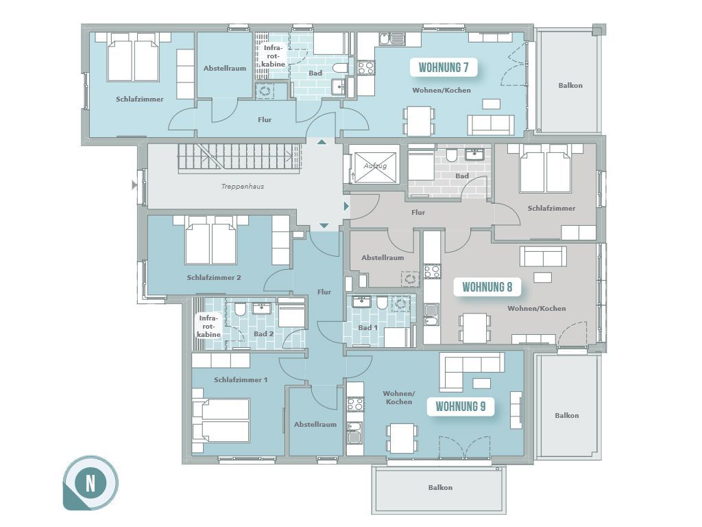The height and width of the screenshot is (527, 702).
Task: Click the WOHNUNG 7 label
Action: [x=444, y=68]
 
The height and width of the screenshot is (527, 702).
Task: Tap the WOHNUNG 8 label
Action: [x=487, y=287]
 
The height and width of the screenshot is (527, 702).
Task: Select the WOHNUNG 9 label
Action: [x=460, y=406]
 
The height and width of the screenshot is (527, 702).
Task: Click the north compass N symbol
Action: [x=91, y=483]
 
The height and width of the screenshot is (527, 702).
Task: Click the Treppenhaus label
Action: [x=243, y=187]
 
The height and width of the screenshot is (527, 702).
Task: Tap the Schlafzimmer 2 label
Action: [x=214, y=278]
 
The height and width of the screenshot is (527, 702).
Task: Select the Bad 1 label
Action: [x=368, y=327]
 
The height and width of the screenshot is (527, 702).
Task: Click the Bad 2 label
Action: [x=264, y=334]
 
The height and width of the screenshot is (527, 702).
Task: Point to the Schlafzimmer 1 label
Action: [x=241, y=380]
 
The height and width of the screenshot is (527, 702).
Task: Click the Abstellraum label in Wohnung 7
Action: [x=225, y=69]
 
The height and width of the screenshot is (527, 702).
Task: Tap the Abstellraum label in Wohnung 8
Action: [x=383, y=258]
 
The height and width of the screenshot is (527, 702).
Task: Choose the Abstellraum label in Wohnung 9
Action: [x=315, y=424]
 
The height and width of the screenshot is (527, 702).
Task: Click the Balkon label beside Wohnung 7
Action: [x=570, y=86]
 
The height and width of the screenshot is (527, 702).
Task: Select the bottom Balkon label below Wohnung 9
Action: [x=440, y=488]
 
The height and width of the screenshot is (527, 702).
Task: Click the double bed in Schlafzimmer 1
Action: [x=221, y=421]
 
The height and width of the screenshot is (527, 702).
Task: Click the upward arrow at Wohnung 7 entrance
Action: [x=322, y=142]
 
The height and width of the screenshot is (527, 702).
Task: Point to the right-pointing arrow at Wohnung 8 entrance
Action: [x=346, y=206]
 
